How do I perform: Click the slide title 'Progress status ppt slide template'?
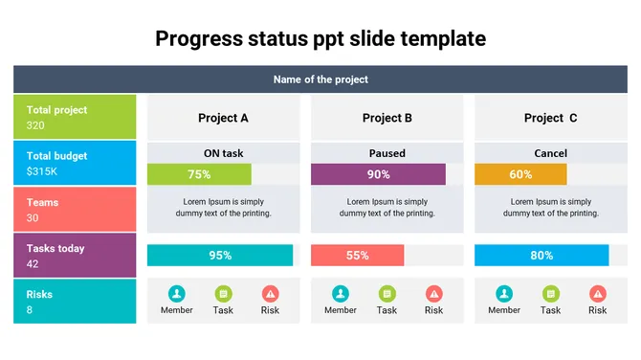point(320,39)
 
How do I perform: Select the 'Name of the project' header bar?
point(320,79)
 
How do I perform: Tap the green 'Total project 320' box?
point(75,117)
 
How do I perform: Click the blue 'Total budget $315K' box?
point(75,163)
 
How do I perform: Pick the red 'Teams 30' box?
point(75,210)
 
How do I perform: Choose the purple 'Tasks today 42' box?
point(75,256)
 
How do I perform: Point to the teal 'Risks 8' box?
point(75,302)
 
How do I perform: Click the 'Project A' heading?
point(223,118)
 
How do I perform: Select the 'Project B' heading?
point(387,118)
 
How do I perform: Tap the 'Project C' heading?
point(551,118)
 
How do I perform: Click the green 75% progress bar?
point(199,174)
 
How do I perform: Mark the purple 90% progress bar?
point(378,174)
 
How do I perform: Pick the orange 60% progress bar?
point(520,174)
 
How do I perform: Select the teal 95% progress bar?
point(220,256)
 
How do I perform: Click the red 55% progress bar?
point(357,256)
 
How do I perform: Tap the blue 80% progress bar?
point(542,256)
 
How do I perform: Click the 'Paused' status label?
point(387,153)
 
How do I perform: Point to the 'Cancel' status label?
point(551,153)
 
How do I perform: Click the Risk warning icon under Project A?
point(271,294)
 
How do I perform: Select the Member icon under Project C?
point(504,294)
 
